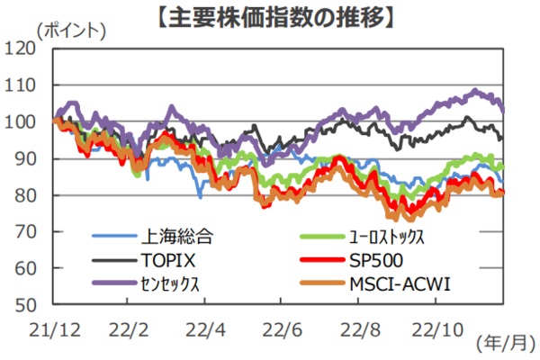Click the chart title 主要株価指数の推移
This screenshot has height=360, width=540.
click(270, 15)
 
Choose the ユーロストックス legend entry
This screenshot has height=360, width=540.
click(387, 238)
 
